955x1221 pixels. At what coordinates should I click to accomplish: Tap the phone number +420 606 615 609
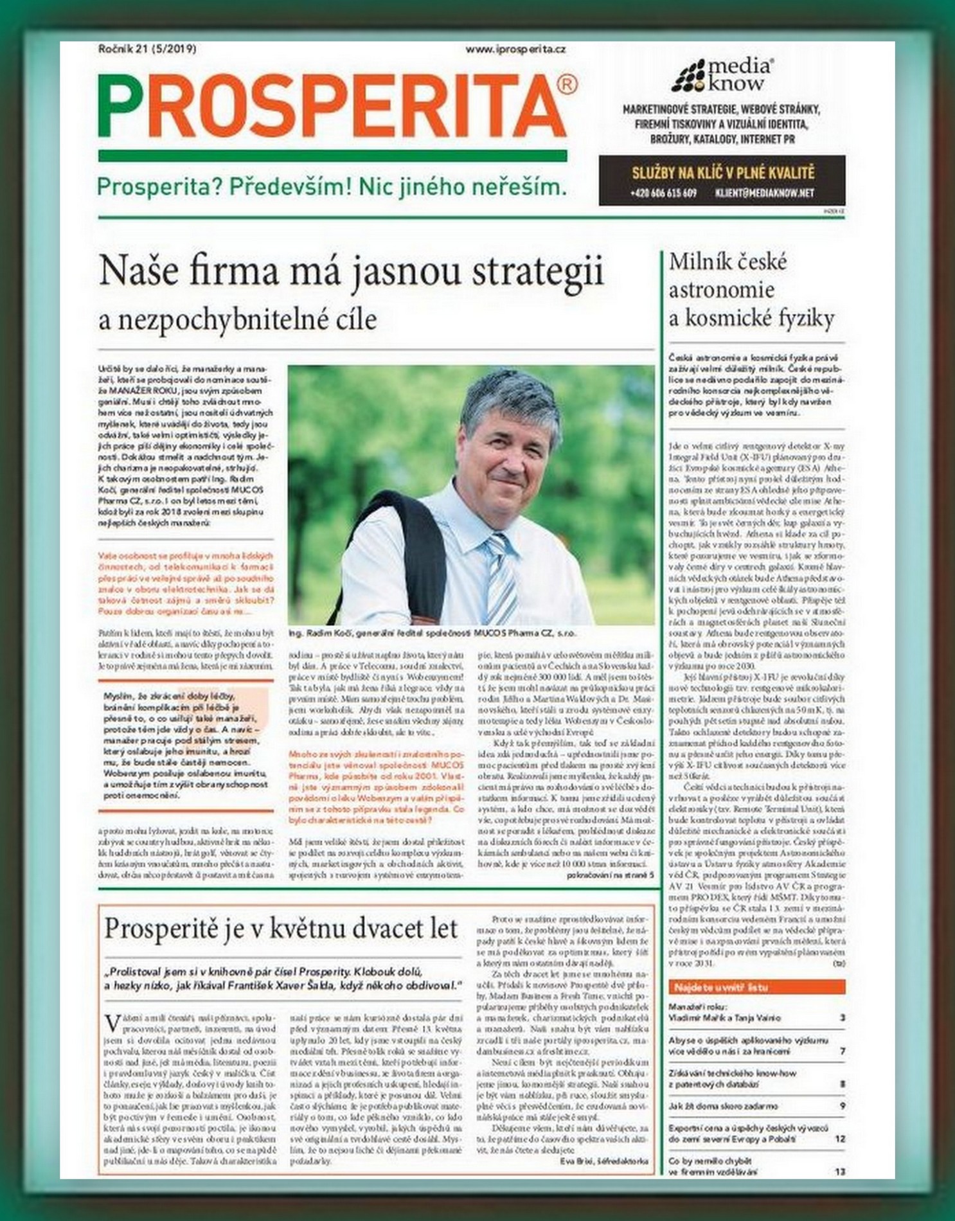pos(663,192)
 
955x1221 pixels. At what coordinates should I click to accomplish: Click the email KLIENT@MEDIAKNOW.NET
pos(764,192)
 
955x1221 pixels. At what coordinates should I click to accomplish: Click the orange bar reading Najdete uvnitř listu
pos(756,986)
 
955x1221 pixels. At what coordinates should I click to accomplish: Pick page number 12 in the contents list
pos(839,1138)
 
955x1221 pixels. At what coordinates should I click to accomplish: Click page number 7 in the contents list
pos(842,1051)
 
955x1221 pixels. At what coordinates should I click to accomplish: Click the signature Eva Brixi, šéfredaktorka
pos(603,1161)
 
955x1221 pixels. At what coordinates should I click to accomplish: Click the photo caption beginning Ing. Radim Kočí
pos(433,633)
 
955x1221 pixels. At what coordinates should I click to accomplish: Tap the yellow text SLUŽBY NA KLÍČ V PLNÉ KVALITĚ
pos(723,173)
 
